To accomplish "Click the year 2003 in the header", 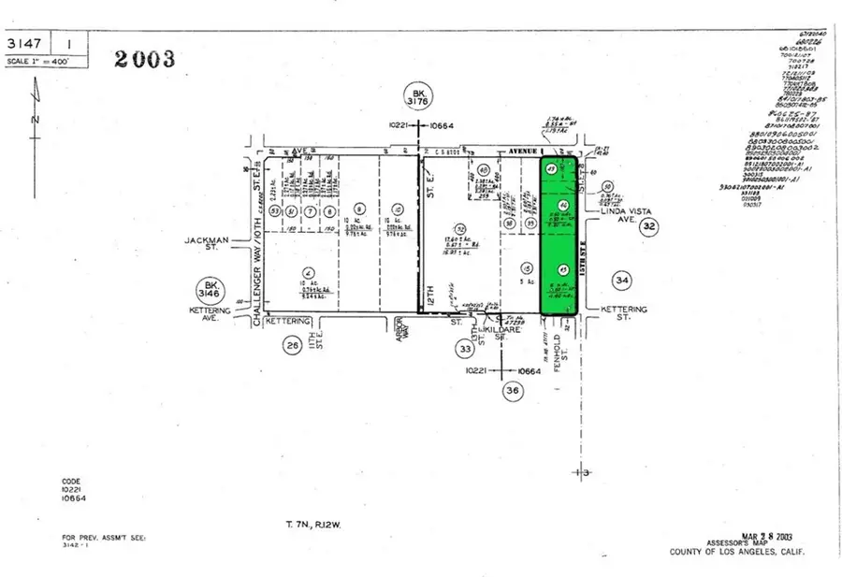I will click(x=144, y=58).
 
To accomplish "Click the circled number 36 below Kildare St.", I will click(x=511, y=392).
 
